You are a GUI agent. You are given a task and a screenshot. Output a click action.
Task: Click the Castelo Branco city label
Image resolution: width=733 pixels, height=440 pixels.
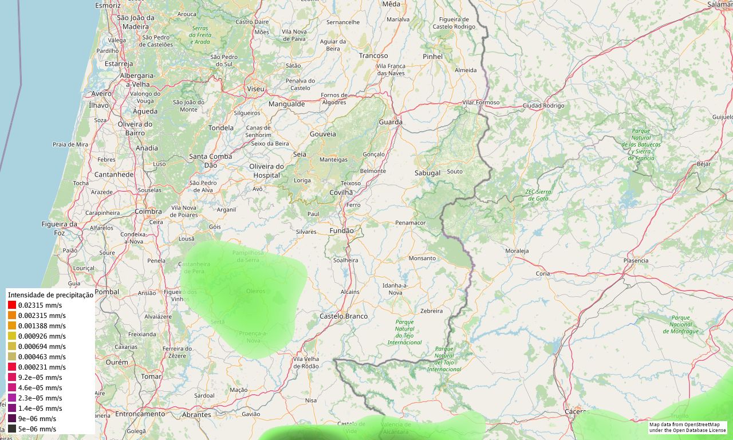tap(344, 316)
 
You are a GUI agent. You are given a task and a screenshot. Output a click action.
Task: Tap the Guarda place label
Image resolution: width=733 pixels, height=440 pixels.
tap(391, 122)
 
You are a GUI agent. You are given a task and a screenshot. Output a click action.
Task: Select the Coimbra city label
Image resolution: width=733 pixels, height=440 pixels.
tap(148, 211)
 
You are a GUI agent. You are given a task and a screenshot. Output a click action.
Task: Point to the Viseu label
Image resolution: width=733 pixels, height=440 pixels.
tap(255, 89)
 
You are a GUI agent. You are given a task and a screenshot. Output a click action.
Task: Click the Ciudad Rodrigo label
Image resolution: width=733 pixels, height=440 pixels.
tap(543, 105)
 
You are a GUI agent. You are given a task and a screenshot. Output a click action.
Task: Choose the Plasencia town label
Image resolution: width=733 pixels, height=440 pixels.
tap(636, 261)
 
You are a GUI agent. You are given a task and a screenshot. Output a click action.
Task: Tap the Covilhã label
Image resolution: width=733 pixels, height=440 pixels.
tap(341, 192)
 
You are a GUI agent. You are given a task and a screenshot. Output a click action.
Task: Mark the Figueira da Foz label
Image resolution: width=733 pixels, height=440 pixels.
tap(60, 228)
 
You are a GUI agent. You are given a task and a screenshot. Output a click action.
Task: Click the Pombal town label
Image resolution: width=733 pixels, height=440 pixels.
tap(107, 292)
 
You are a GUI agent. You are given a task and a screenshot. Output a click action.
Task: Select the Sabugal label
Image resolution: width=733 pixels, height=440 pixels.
tap(427, 172)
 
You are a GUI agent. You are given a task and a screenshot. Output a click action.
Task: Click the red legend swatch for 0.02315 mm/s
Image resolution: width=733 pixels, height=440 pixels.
tap(12, 305)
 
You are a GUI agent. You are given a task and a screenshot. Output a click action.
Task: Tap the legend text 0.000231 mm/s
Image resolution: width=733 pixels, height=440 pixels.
tap(42, 367)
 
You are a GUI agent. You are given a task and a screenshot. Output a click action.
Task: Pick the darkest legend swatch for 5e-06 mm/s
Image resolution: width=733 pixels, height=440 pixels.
tap(12, 429)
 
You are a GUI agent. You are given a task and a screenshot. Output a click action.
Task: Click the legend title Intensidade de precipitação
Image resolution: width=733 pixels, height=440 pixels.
tap(50, 294)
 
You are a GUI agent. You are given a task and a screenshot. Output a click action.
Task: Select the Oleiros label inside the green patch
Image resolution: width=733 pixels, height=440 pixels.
tap(255, 291)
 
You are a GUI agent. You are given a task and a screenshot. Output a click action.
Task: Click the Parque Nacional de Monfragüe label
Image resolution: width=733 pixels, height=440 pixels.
tap(681, 324)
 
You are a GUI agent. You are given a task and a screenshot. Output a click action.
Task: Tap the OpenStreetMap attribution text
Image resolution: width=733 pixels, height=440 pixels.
tap(687, 427)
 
